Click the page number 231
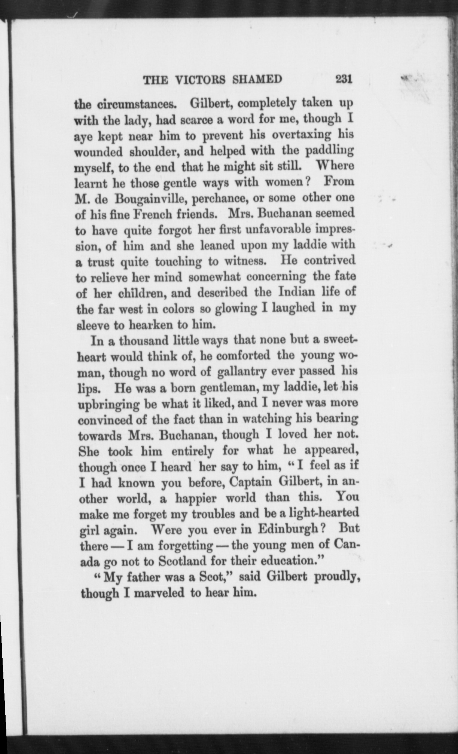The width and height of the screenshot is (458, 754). coord(344,80)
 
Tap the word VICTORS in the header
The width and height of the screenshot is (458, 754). coord(197,80)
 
